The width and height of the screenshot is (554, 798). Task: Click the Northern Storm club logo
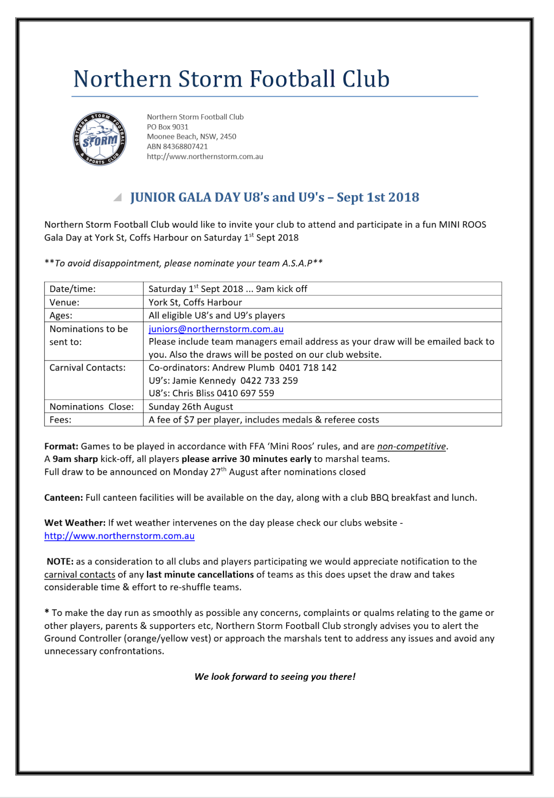99,139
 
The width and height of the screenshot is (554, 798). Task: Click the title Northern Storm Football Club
231,79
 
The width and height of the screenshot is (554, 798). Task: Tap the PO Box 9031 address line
168,127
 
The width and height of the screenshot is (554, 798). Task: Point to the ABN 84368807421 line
177,146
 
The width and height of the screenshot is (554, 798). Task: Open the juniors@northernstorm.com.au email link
216,329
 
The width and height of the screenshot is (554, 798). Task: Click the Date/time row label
73,289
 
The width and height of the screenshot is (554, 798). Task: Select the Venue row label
64,302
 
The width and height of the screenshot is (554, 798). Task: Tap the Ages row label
61,315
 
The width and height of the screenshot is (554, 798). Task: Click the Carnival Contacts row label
87,368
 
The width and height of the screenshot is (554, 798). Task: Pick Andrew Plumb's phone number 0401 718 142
308,368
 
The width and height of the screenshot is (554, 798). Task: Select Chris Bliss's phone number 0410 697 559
245,393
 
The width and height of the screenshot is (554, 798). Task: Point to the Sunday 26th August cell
190,406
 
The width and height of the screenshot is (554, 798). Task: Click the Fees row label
60,420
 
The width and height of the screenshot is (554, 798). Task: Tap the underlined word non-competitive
411,446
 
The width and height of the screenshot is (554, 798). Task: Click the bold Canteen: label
63,497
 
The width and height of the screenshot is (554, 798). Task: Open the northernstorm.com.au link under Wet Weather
119,536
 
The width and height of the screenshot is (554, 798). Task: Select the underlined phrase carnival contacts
80,575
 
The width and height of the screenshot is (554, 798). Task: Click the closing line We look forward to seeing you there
275,676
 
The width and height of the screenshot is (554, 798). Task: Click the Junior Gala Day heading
274,197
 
